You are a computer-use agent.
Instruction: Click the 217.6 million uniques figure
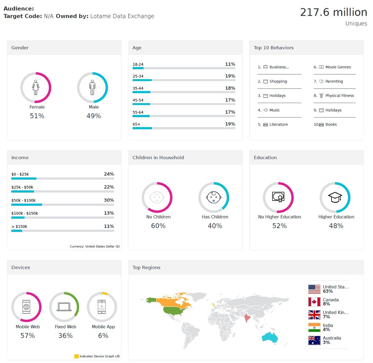pos(333,13)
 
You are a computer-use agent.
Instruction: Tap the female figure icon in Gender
pos(36,87)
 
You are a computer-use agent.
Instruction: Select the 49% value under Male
pos(94,116)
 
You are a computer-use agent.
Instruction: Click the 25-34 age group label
pos(138,76)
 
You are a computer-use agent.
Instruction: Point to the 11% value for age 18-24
pos(230,64)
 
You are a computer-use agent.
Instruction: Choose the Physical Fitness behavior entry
pos(339,96)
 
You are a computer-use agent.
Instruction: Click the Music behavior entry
pos(274,110)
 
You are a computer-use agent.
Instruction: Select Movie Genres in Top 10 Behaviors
pos(338,67)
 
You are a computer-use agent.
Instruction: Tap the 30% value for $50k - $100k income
pos(109,200)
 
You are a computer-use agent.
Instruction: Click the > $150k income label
pos(19,227)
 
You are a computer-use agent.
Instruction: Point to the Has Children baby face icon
pos(214,197)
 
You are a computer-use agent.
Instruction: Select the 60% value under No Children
pos(158,226)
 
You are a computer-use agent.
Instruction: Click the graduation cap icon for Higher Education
pos(335,197)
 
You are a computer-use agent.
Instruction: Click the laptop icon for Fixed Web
pos(64,307)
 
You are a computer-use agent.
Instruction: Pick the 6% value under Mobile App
pos(103,336)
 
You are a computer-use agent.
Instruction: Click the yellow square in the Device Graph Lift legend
pos(76,356)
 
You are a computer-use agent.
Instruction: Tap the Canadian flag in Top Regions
pos(314,302)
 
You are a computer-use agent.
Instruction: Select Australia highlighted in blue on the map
pos(270,337)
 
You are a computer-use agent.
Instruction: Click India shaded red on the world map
pos(247,318)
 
